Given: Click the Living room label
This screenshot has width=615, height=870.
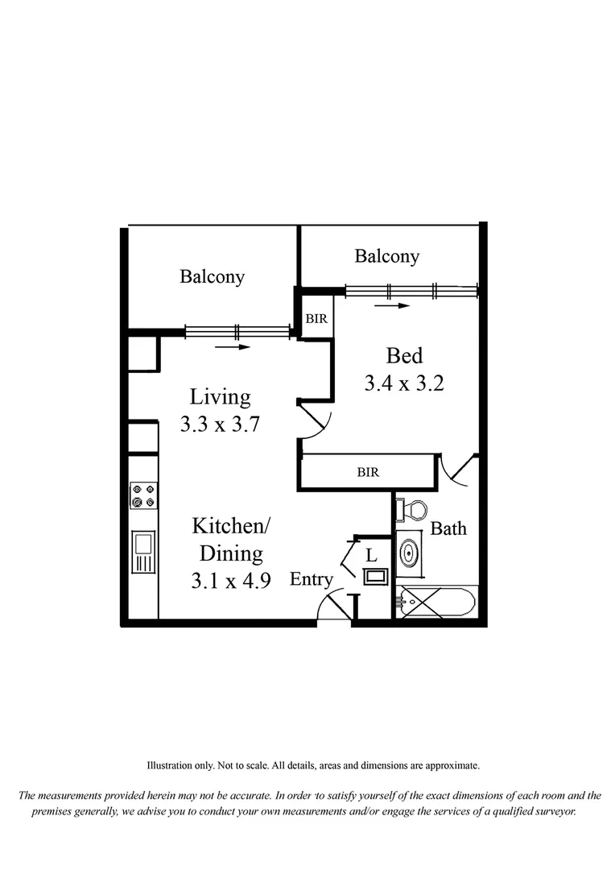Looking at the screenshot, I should [x=220, y=397].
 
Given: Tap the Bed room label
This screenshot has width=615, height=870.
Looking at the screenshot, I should [x=404, y=355].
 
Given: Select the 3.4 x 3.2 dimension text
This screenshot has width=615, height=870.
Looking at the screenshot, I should [x=404, y=383].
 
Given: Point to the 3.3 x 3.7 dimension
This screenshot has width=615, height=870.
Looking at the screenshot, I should [x=220, y=425].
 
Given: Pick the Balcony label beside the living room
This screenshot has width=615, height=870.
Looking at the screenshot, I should [x=212, y=277].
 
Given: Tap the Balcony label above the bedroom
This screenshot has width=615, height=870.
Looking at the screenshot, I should [x=387, y=256].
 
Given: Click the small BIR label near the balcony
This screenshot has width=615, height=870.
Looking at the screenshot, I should [x=316, y=319].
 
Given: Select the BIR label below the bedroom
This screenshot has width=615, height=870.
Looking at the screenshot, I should [x=368, y=472].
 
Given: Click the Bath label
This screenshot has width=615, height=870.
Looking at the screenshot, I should [x=448, y=529].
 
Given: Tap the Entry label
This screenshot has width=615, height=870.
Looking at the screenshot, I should [x=312, y=579].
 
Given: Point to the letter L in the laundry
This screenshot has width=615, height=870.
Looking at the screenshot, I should [x=371, y=555].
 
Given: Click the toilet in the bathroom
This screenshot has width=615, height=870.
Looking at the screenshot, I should [x=413, y=510].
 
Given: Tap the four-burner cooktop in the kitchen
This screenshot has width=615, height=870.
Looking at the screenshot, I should [x=144, y=495].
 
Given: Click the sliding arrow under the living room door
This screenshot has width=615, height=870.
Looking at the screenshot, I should [x=233, y=347].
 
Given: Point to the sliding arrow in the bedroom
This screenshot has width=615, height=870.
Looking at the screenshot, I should [x=392, y=306].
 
